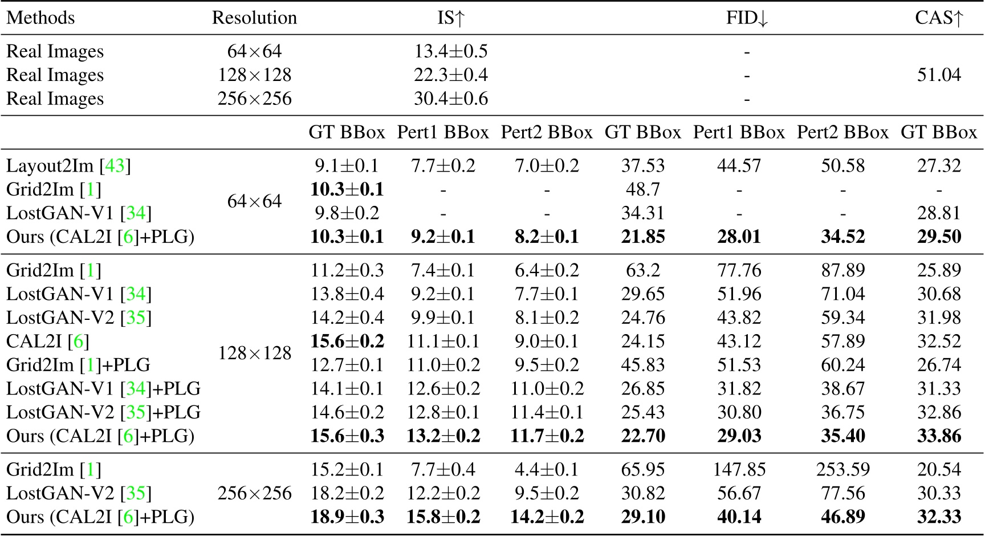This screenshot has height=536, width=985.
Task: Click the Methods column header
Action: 40,18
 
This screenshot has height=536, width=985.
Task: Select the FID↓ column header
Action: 747,18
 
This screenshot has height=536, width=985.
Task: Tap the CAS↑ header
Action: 939,18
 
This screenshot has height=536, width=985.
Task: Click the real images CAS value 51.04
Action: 939,75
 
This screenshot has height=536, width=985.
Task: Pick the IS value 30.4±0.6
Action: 451,99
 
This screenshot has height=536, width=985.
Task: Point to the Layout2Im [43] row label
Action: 68,165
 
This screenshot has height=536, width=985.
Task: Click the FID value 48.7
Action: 642,189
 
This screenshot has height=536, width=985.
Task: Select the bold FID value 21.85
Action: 642,237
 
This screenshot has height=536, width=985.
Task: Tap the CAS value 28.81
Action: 939,213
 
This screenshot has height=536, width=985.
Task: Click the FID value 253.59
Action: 842,469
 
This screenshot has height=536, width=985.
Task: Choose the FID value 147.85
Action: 739,469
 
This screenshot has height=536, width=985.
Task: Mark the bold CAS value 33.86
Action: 939,436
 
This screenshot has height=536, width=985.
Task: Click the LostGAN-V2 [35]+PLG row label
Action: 103,412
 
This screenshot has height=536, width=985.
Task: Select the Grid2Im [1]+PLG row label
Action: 78,365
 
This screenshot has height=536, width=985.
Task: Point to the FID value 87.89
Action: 842,270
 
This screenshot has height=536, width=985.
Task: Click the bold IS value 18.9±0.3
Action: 347,517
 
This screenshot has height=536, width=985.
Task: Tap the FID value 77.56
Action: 842,493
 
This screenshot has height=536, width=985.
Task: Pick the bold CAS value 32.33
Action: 939,517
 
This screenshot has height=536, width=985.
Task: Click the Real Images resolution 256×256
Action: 254,99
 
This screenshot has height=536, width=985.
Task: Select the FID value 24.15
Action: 642,341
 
